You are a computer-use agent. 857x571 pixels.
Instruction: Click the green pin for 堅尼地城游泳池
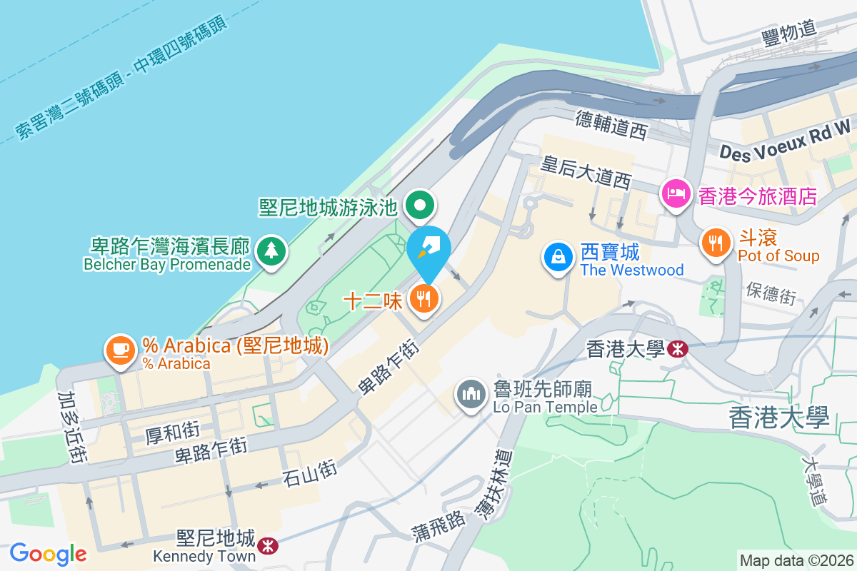click(420, 206)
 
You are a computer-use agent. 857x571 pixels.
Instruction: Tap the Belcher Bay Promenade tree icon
click(271, 250)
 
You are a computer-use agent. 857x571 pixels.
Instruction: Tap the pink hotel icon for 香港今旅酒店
click(676, 193)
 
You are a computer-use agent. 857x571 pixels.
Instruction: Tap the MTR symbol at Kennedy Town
click(269, 546)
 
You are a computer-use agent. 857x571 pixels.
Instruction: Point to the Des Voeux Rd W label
click(786, 141)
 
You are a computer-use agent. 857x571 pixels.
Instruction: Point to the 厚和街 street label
click(172, 432)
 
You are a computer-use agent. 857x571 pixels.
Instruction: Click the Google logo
click(48, 553)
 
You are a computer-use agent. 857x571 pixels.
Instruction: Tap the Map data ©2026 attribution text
click(796, 561)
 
